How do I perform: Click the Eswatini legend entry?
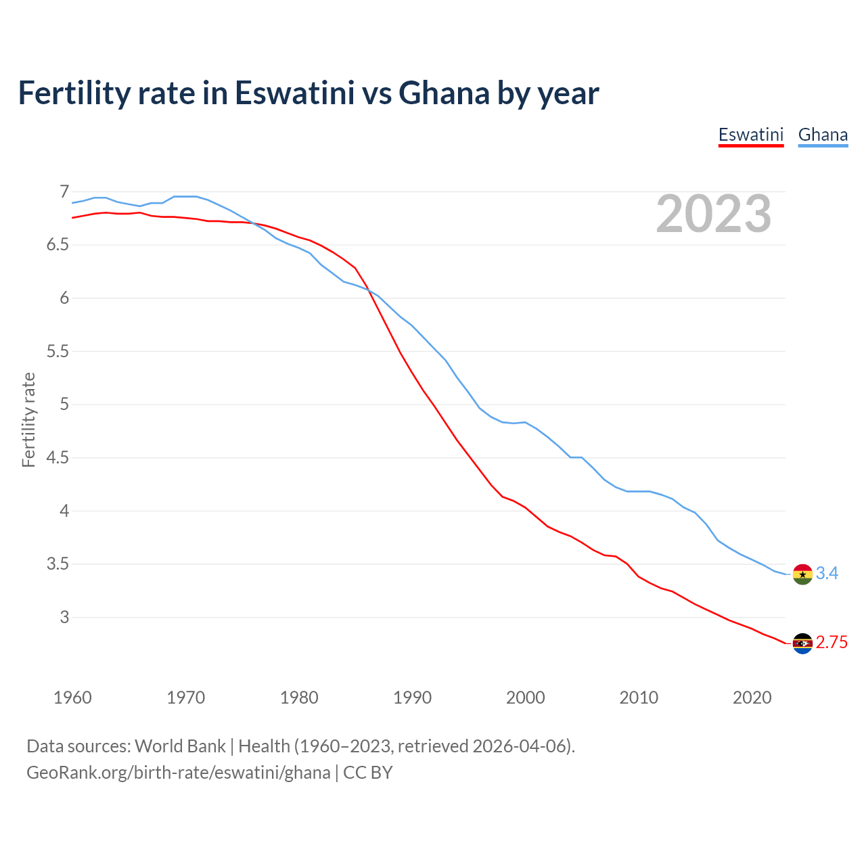pos(750,135)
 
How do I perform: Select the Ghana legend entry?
pos(823,135)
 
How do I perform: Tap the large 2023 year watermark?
pos(714,214)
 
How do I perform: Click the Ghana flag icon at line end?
pos(802,574)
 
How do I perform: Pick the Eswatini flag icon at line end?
pos(802,643)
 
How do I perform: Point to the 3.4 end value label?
pos(827,574)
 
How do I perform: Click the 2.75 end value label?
pos(831,643)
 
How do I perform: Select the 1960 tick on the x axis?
pos(72,698)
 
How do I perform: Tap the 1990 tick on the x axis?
pos(412,698)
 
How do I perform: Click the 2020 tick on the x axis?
pos(752,698)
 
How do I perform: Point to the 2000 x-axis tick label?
pos(525,698)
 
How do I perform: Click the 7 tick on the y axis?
pos(64,191)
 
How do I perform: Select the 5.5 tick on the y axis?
pos(58,351)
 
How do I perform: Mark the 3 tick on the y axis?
pos(64,617)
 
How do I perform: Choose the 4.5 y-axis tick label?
pos(58,457)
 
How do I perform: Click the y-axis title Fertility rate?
pos(28,419)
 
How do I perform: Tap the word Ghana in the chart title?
pos(444,93)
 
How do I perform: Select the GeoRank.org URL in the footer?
pos(178,772)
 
